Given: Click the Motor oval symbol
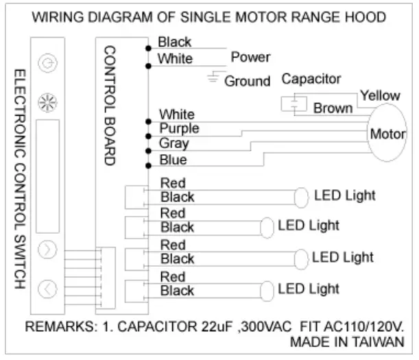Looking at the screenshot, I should point(388,133).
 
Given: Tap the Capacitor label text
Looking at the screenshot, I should point(311,79).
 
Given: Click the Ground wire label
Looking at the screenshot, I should point(248,82).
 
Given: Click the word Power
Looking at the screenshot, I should point(250,58).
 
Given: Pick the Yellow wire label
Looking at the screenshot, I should point(380,95).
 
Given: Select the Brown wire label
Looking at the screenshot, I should point(333,108).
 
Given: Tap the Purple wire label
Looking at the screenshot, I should point(179,128).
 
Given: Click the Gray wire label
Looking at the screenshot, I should point(173,143).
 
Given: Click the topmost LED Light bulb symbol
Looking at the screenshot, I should point(300,197).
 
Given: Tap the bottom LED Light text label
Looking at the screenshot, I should point(309,289).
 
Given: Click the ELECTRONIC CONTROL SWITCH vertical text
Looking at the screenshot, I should point(19,178).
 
